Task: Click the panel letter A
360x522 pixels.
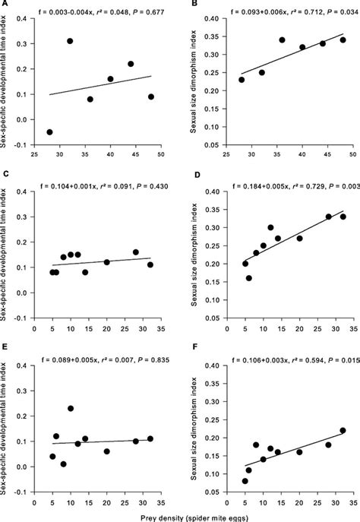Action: click(x=5, y=5)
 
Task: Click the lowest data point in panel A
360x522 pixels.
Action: click(x=49, y=131)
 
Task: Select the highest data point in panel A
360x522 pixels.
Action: click(x=70, y=41)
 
